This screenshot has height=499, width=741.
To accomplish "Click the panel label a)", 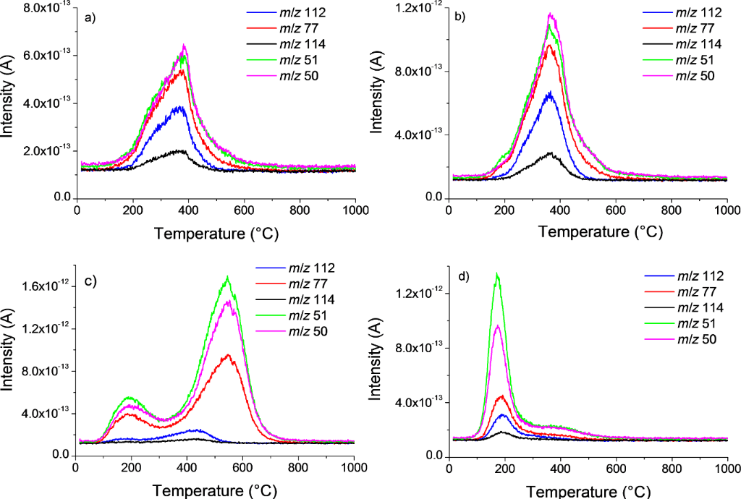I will pos(90,18).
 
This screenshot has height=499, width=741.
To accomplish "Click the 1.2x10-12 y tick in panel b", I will pos(420,8).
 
